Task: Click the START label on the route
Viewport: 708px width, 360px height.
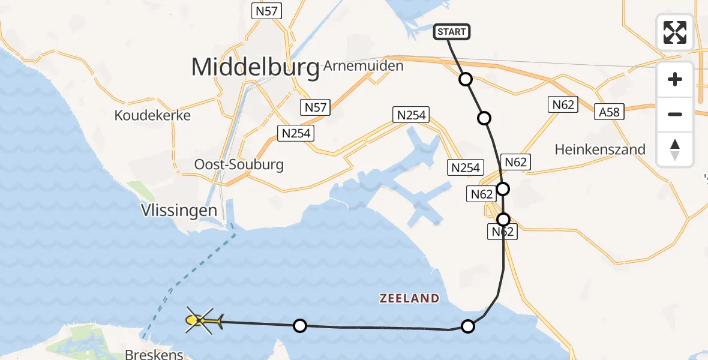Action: [452, 32]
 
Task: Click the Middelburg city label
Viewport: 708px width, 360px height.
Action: [255, 68]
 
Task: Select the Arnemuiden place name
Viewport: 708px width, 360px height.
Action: [363, 66]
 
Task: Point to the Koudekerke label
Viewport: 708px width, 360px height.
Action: [152, 115]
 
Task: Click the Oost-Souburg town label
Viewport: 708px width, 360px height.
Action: [239, 164]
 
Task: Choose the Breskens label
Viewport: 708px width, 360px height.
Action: [154, 354]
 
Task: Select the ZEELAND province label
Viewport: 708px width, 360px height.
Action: [409, 298]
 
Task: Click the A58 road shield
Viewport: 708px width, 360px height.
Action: [608, 112]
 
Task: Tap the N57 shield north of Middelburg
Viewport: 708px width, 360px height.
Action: [267, 10]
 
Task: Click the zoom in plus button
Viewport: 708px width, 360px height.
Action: [675, 79]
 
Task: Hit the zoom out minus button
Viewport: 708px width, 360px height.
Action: [675, 114]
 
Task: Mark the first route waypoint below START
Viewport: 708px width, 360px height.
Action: [466, 79]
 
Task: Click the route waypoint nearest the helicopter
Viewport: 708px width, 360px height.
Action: [300, 326]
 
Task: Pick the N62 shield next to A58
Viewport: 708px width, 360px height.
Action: [563, 105]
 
